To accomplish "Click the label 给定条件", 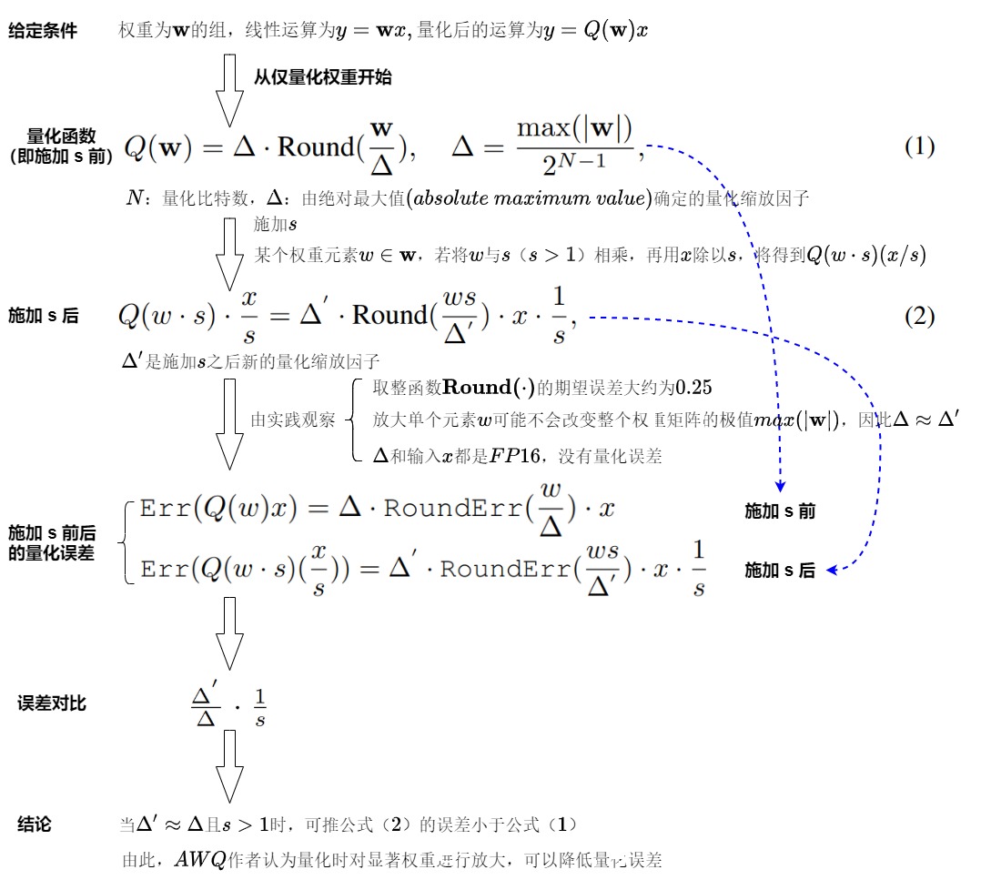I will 43,31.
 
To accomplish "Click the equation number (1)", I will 919,147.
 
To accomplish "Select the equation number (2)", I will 919,316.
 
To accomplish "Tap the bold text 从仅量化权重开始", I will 322,77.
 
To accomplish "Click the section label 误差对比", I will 52,703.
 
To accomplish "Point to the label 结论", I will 35,824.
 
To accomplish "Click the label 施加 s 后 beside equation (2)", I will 43,317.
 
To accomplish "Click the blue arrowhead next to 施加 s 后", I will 832,571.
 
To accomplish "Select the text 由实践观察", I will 293,420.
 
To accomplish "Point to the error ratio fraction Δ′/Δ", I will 205,707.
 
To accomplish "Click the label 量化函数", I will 61,137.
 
